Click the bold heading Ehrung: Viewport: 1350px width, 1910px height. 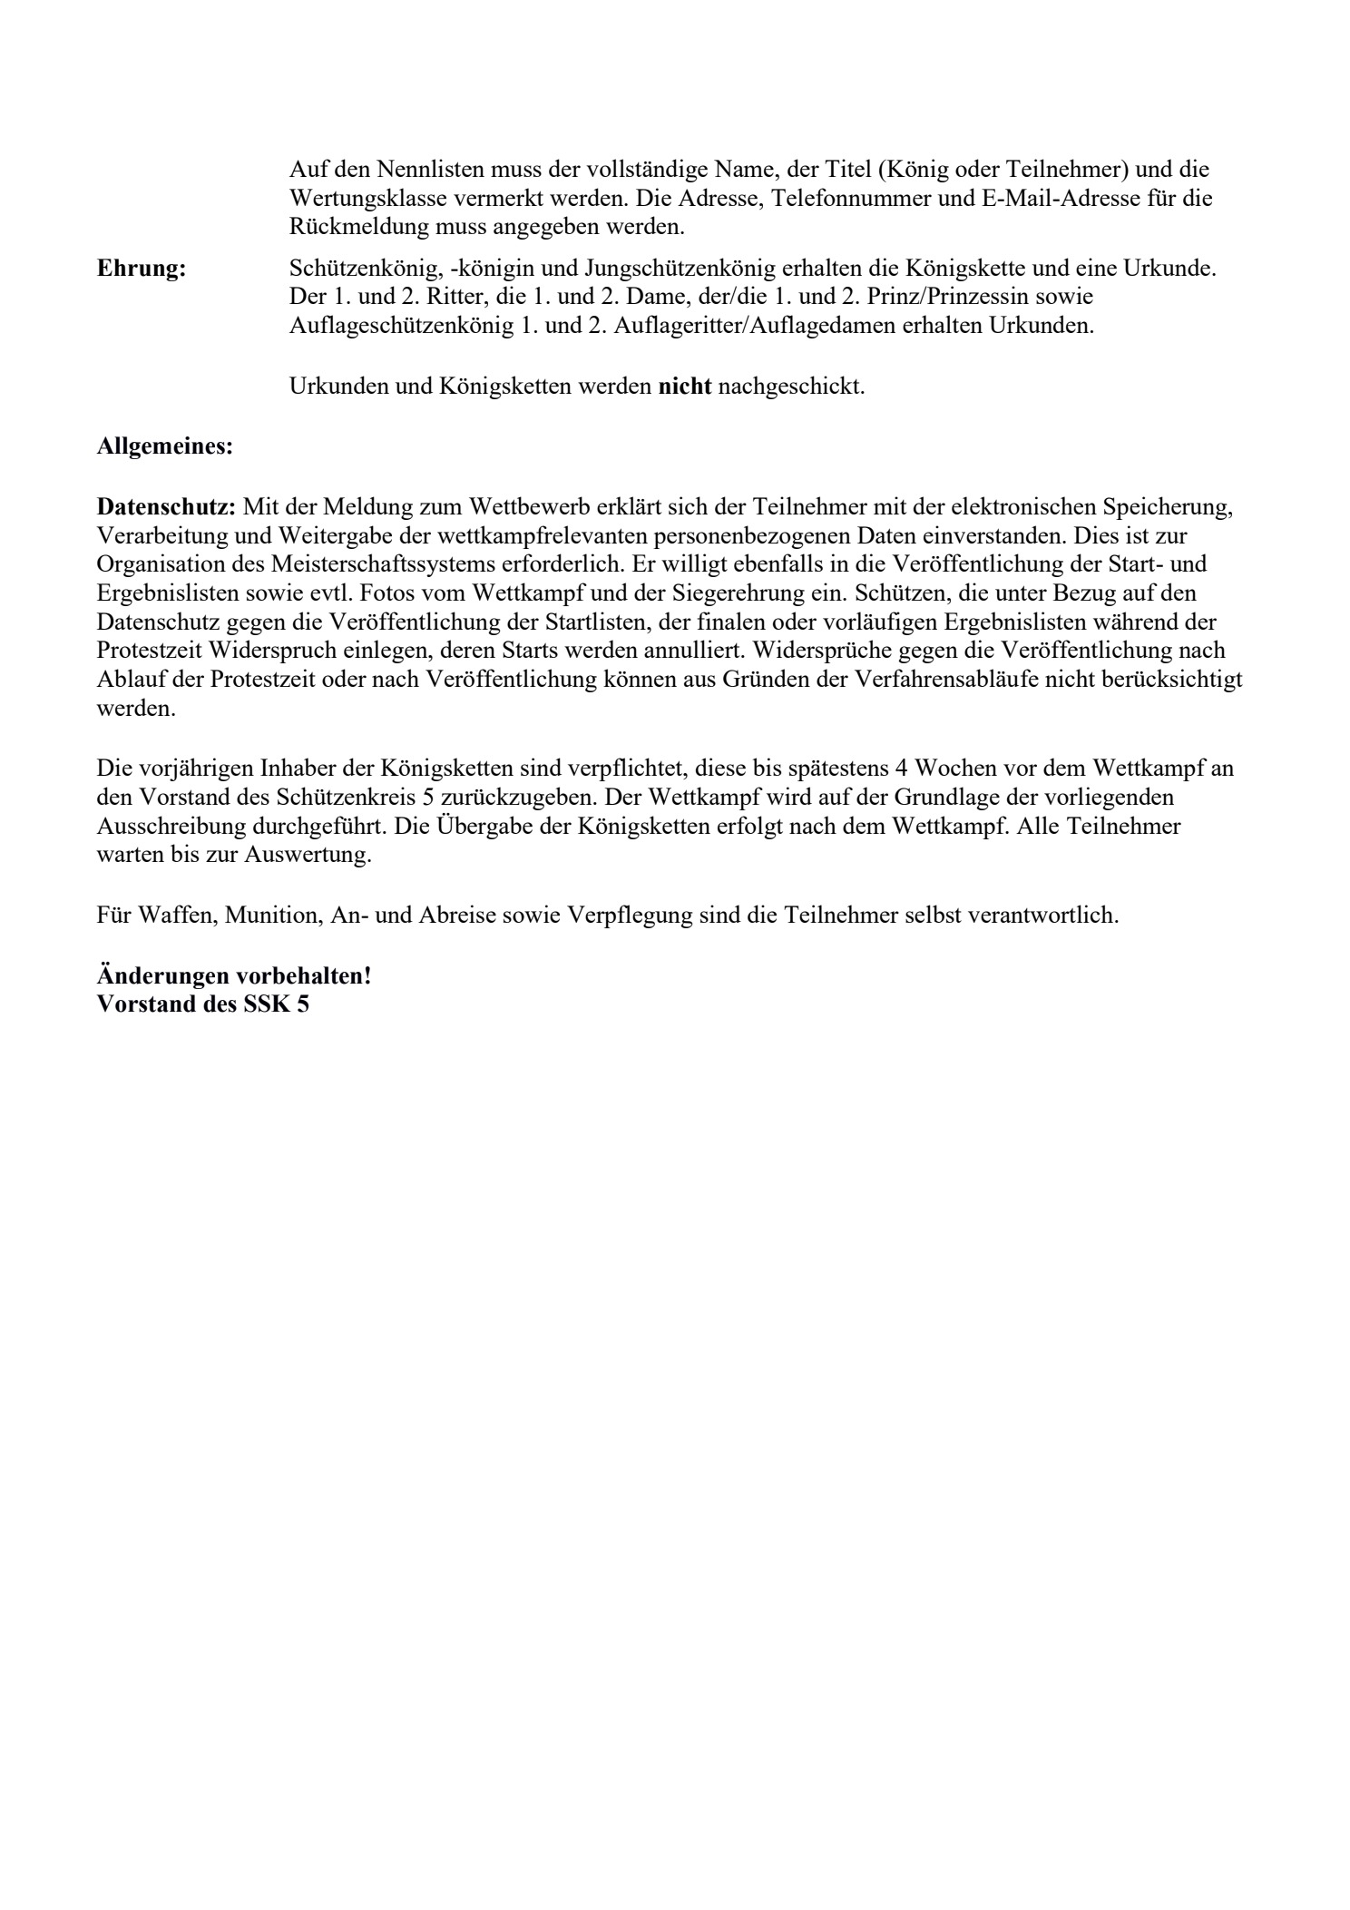point(142,269)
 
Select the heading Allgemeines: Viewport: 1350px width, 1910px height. point(164,447)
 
